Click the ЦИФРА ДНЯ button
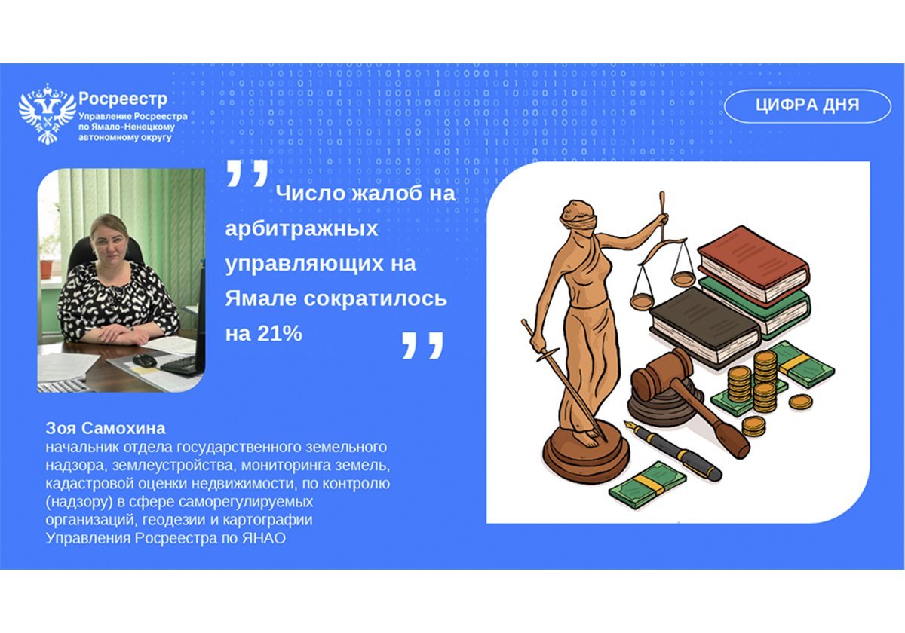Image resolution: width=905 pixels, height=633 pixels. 807,105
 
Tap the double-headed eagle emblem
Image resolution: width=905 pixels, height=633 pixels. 47,115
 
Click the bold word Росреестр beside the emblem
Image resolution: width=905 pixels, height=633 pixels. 122,99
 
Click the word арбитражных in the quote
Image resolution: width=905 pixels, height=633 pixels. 301,229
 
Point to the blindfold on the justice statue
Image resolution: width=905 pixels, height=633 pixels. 579,219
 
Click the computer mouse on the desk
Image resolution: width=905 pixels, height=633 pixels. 145,361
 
